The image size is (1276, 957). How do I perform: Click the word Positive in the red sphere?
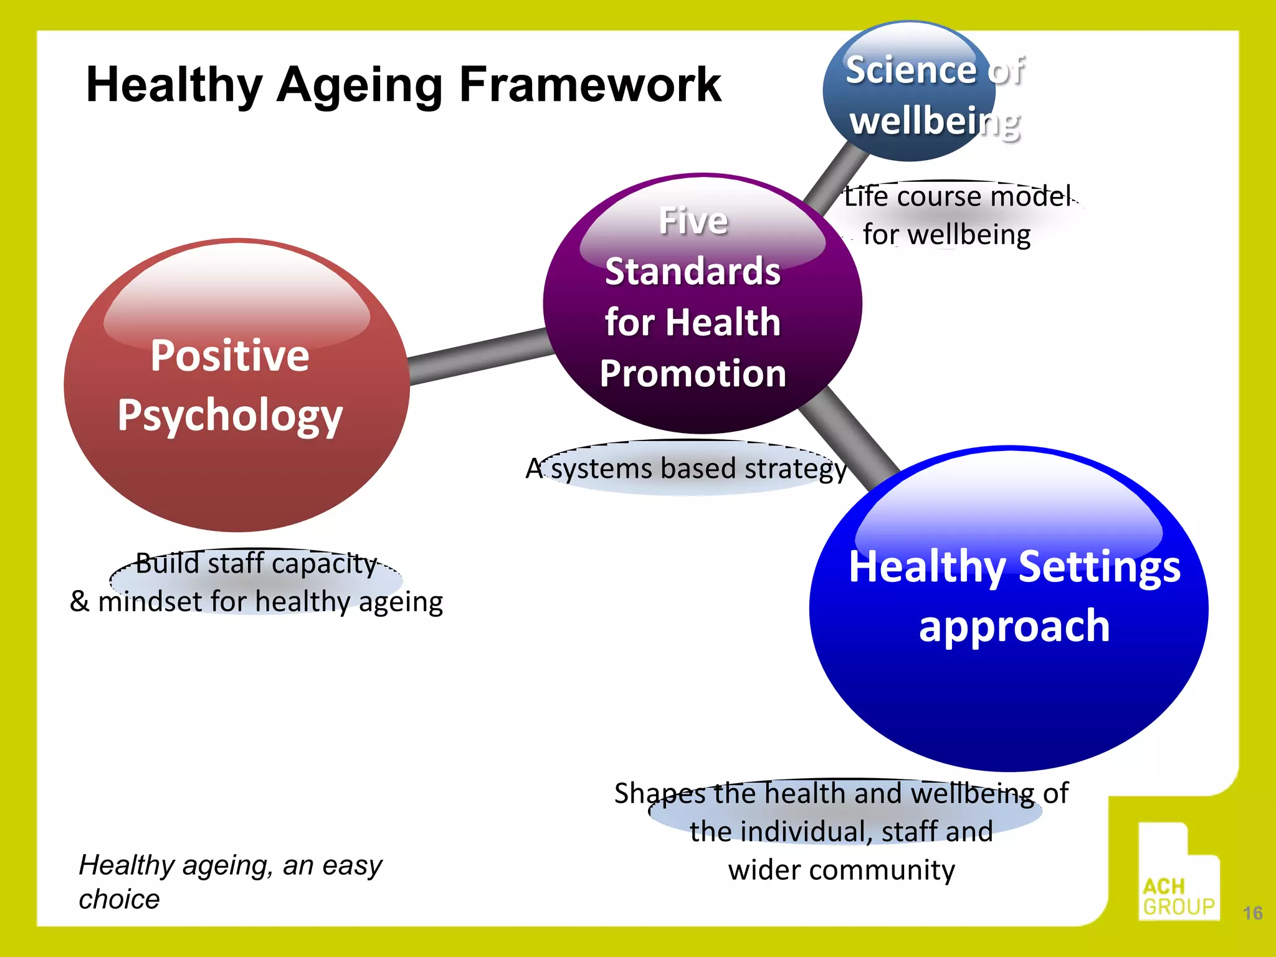tap(230, 356)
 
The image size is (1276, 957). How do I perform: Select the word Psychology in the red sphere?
tap(230, 416)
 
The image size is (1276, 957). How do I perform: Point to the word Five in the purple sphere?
tap(693, 221)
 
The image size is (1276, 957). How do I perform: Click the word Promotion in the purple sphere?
tap(693, 374)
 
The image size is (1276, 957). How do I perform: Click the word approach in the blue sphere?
tap(1014, 627)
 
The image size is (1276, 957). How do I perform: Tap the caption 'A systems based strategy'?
tap(685, 469)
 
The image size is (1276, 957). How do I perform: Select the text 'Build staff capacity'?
tap(256, 563)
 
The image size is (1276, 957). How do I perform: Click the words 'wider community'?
tap(841, 870)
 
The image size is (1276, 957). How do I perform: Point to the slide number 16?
tap(1252, 913)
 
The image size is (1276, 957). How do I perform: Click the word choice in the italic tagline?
tap(119, 899)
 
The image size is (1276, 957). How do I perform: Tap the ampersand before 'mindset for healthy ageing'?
tap(79, 601)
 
